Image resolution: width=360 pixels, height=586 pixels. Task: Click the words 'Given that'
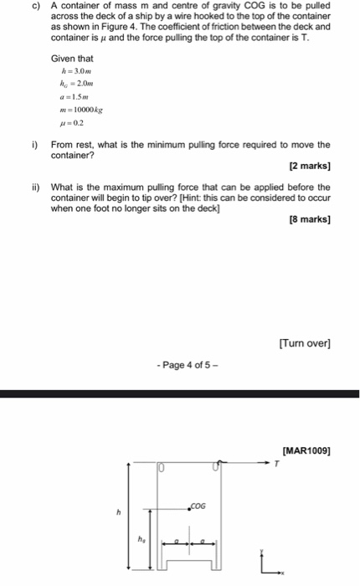coord(72,59)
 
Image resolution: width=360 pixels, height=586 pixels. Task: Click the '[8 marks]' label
coord(309,219)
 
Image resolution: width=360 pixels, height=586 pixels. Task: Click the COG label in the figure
coord(199,504)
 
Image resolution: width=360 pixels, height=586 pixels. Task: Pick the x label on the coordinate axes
coord(283,573)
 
